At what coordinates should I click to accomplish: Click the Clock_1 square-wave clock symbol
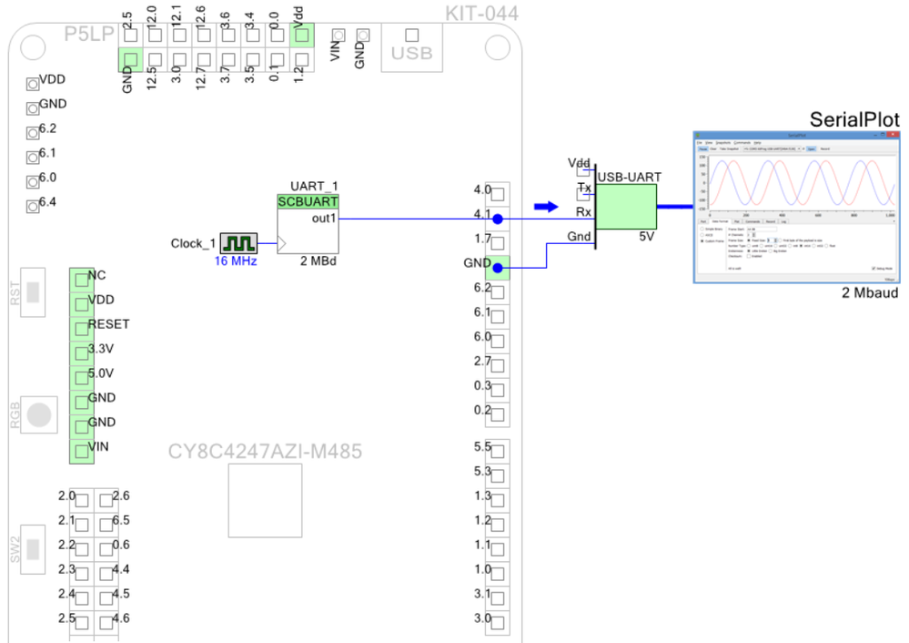(x=239, y=243)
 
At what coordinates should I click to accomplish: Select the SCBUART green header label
(x=308, y=201)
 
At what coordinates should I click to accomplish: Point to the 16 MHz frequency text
(x=236, y=261)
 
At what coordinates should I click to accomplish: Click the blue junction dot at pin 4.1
(x=497, y=219)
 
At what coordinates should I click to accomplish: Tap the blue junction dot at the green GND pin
(x=497, y=268)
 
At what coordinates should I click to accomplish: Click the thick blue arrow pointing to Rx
(x=545, y=207)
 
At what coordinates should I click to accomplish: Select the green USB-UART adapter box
(x=627, y=202)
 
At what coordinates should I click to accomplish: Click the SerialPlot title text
(x=854, y=121)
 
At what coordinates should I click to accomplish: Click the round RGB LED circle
(x=39, y=414)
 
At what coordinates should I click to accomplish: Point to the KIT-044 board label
(x=482, y=14)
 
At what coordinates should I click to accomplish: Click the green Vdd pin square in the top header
(x=302, y=36)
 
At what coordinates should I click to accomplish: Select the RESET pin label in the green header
(x=108, y=324)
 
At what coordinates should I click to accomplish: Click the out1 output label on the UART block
(x=324, y=219)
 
